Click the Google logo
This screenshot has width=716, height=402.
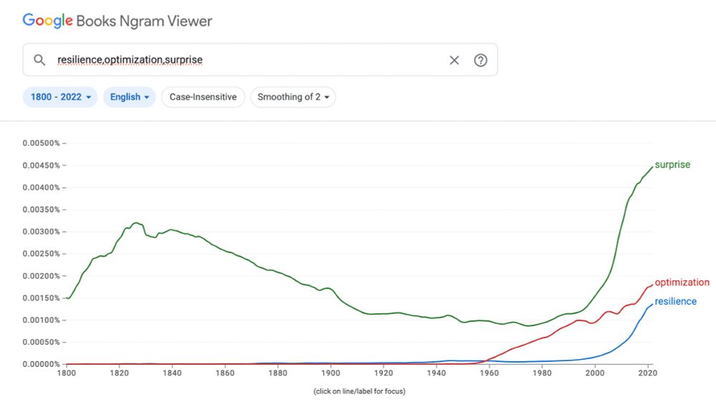tap(47, 21)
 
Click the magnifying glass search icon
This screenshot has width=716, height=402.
tap(40, 60)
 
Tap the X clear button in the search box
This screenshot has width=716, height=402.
tap(454, 60)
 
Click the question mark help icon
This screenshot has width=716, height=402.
tap(480, 60)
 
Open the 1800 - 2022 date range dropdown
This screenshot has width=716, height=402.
tap(61, 97)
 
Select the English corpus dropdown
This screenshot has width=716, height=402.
tap(130, 97)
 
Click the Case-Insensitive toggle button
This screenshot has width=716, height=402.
tap(203, 97)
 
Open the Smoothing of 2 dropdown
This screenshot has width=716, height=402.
tap(293, 97)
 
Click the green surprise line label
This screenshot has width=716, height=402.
tap(672, 165)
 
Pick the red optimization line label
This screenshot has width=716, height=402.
tap(682, 283)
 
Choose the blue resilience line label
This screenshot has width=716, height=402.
tap(675, 302)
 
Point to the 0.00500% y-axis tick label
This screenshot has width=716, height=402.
tap(42, 143)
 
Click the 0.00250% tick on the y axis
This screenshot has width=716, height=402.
tap(42, 254)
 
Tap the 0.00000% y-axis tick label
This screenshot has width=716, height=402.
tap(42, 364)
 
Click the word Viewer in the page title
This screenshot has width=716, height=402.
tap(190, 21)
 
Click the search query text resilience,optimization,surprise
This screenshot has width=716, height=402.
tap(130, 60)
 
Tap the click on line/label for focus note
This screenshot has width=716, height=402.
tap(359, 391)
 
